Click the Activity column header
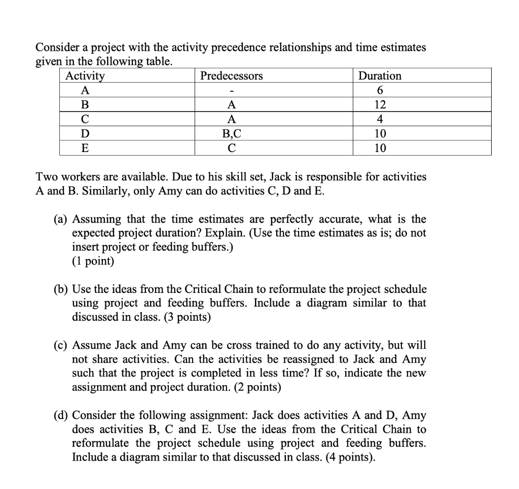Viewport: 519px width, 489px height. (85, 76)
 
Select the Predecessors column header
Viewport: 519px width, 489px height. (232, 76)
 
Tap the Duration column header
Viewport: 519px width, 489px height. (380, 76)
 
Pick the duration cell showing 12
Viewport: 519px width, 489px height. (380, 105)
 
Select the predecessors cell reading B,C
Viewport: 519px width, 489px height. (232, 134)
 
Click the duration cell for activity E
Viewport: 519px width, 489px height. (380, 148)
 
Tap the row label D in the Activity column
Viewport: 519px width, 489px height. (85, 134)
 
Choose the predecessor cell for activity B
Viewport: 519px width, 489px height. (232, 105)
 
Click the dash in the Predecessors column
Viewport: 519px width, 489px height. (232, 91)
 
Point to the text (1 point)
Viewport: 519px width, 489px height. (94, 261)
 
